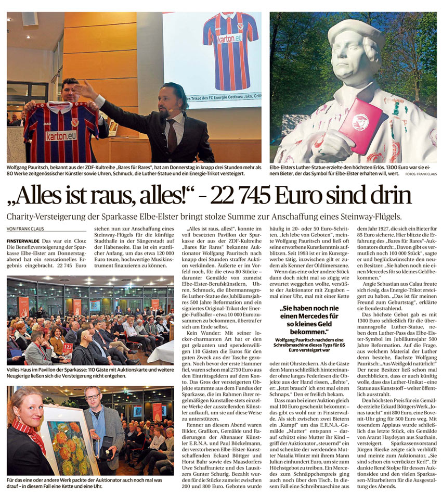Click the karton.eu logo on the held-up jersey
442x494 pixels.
(x=62, y=136)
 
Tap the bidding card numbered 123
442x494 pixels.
(x=68, y=346)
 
